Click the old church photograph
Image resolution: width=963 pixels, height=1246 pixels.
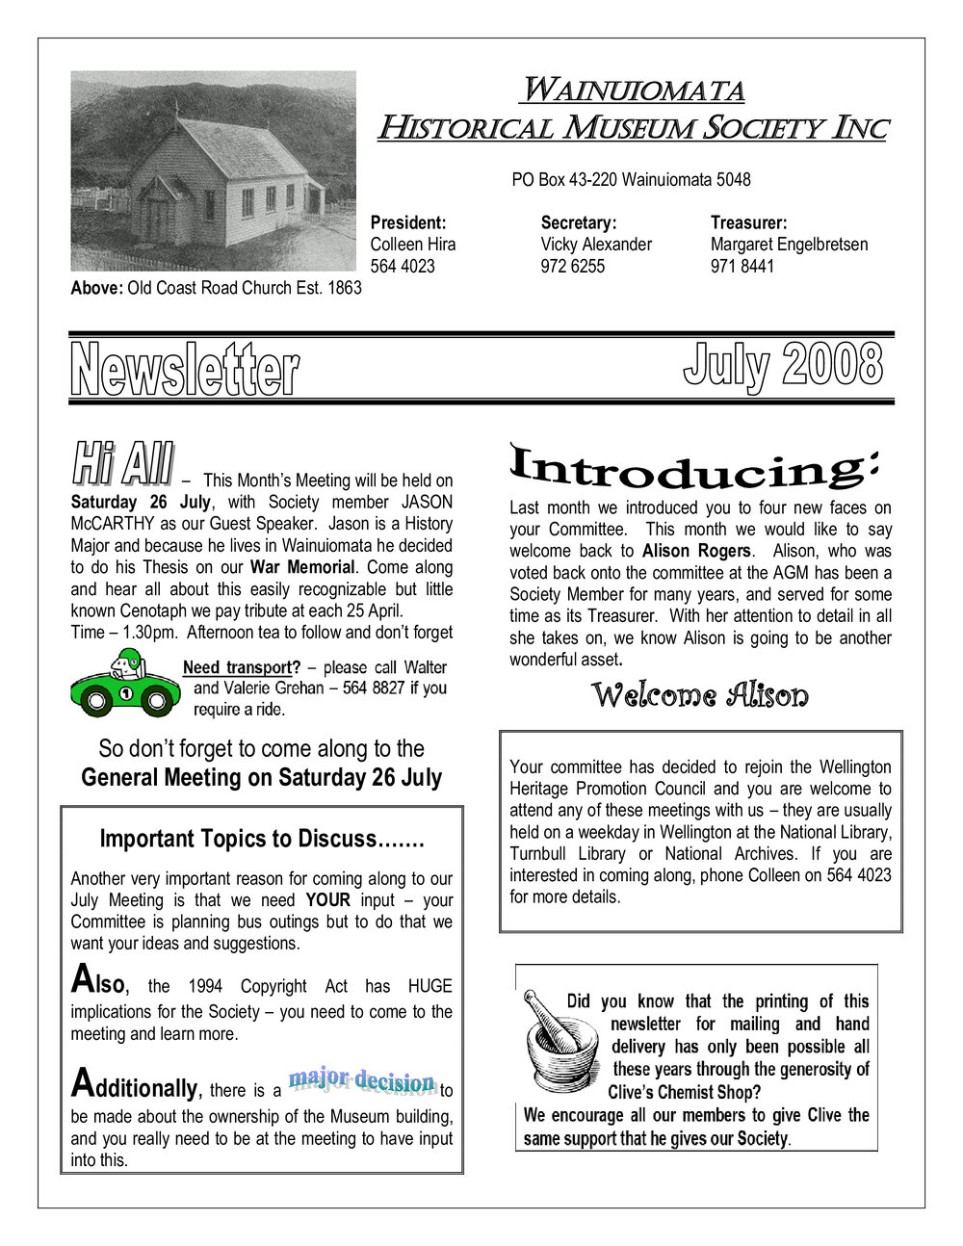[x=213, y=170]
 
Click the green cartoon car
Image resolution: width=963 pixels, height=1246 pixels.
[x=123, y=684]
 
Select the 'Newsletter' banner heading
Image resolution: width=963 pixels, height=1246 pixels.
[x=184, y=370]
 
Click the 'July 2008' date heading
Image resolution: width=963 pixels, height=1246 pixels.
[x=782, y=365]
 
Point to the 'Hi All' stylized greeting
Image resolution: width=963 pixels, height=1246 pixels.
[x=123, y=464]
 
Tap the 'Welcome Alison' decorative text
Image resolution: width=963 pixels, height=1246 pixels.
[x=699, y=695]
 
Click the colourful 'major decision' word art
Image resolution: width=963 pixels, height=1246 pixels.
[x=362, y=1082]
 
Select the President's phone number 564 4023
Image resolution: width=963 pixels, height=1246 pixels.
[x=402, y=267]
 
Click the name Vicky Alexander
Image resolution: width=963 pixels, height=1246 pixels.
[x=596, y=245]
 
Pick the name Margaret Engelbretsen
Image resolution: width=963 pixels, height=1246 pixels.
[x=789, y=245]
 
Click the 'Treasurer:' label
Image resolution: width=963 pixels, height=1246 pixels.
[x=748, y=222]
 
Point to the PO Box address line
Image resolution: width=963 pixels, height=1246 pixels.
[x=631, y=180]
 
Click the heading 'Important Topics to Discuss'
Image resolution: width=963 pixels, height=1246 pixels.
[x=262, y=839]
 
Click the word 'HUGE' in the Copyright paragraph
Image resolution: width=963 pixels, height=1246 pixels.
[x=429, y=986]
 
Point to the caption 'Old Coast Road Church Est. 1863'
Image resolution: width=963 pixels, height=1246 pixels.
[x=245, y=288]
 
